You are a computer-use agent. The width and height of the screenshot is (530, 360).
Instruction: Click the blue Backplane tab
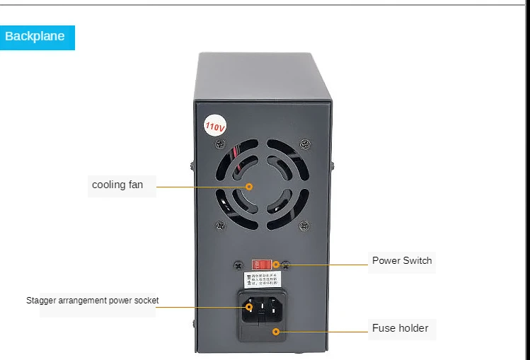(35, 37)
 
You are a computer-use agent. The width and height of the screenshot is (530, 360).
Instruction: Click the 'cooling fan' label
(117, 185)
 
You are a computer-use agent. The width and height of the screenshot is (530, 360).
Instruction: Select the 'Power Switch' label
(402, 260)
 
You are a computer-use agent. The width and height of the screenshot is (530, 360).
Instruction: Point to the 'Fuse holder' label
(401, 328)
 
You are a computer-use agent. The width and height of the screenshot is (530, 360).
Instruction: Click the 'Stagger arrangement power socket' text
(93, 301)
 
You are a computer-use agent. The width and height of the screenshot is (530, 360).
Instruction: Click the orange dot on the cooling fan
(249, 187)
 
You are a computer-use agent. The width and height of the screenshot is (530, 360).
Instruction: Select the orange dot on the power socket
(249, 307)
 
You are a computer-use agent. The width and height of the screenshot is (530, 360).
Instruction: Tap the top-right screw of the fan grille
(304, 144)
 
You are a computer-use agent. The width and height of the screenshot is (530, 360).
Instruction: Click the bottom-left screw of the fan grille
(220, 226)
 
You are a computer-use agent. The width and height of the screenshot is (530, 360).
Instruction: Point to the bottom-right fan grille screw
(304, 226)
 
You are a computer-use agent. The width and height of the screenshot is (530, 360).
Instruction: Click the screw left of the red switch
(238, 265)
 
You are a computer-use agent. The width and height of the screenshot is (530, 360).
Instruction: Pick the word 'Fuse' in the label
(384, 328)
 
